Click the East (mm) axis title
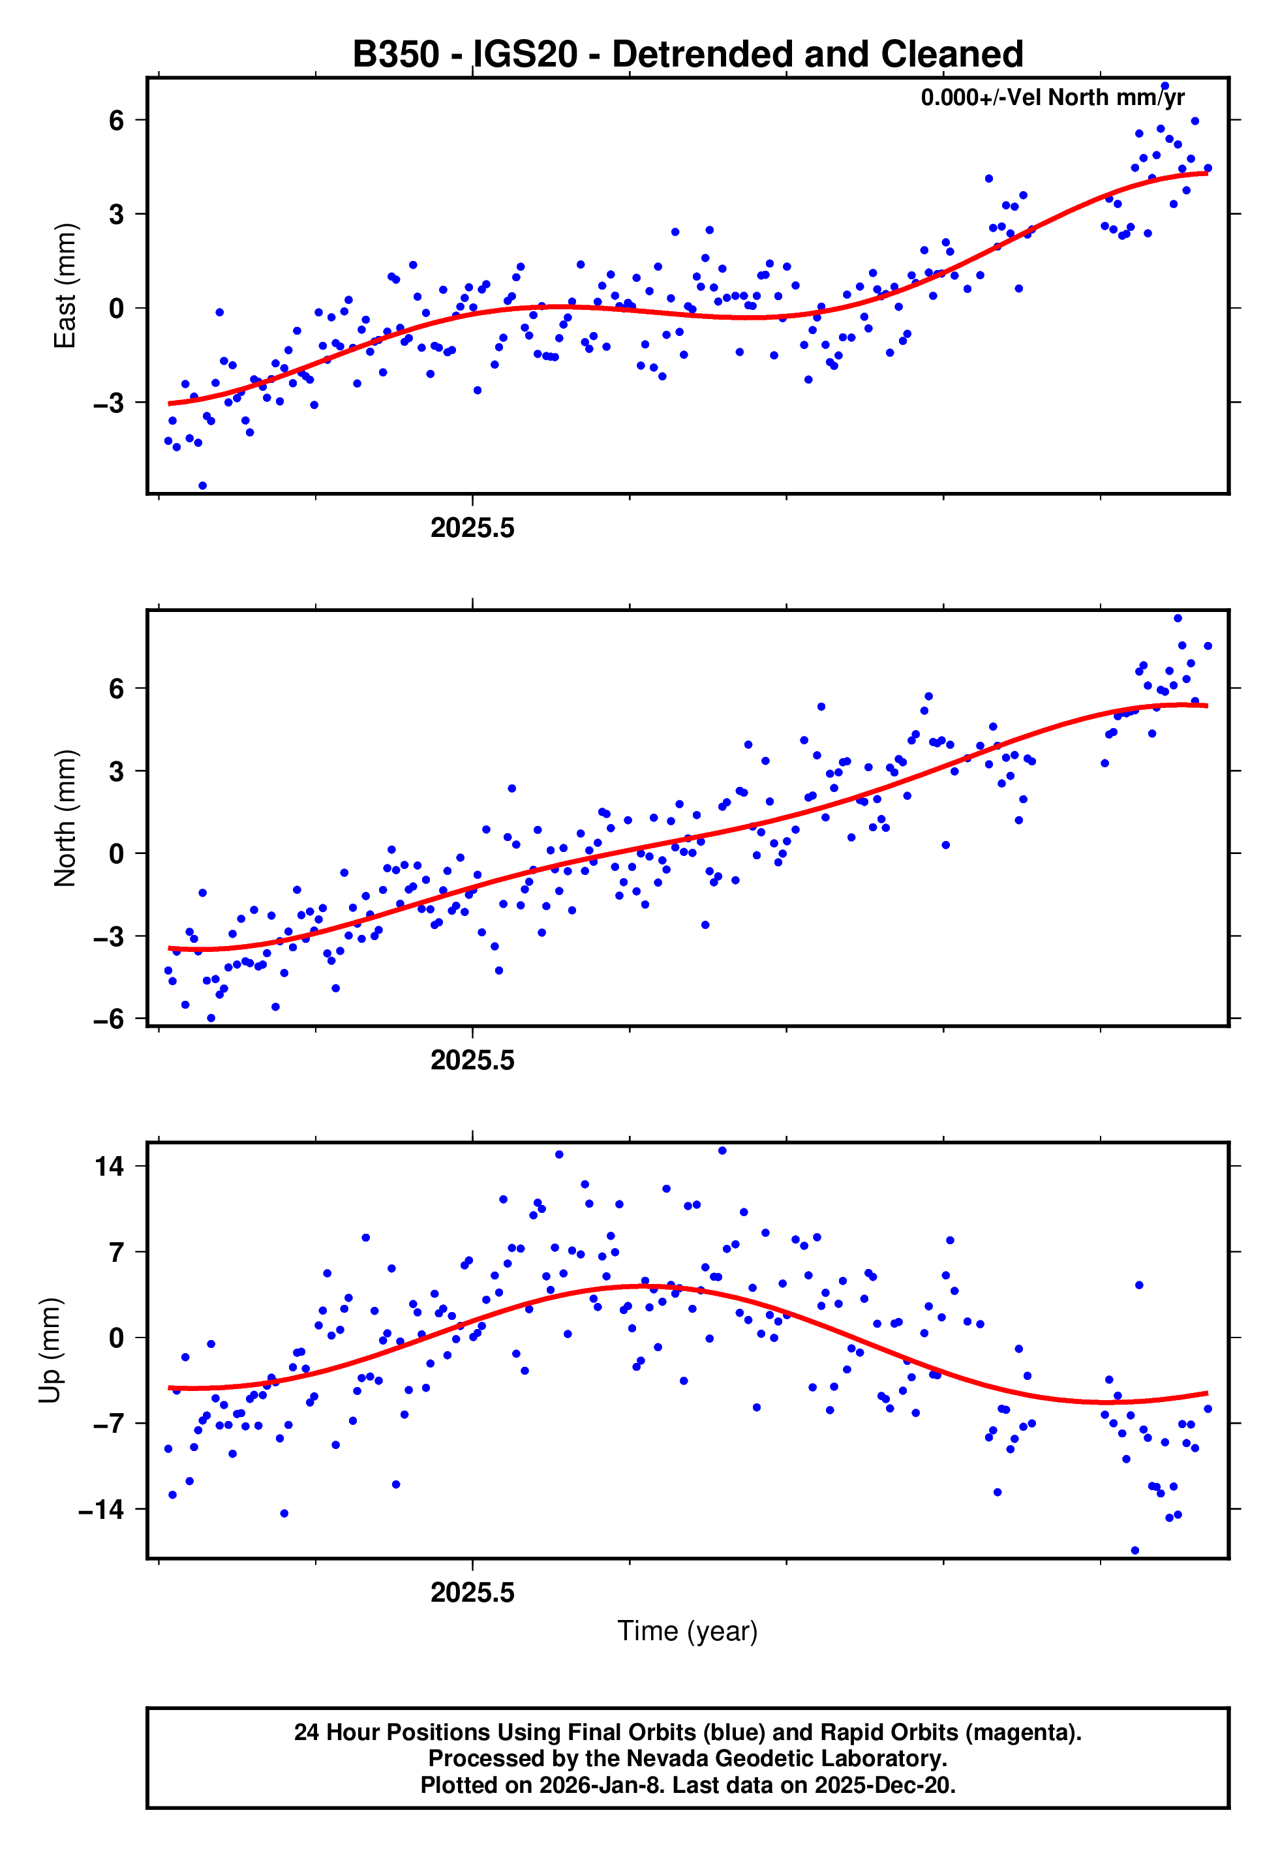point(65,286)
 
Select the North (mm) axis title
point(65,818)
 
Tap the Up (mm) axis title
point(50,1351)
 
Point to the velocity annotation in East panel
point(1052,98)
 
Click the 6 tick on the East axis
point(117,120)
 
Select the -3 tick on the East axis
point(109,403)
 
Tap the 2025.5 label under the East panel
point(472,528)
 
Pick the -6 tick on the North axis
point(109,1018)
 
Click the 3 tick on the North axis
point(117,771)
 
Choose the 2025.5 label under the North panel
point(472,1061)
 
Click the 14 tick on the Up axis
point(110,1167)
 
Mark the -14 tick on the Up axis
point(102,1510)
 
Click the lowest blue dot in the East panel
point(202,486)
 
